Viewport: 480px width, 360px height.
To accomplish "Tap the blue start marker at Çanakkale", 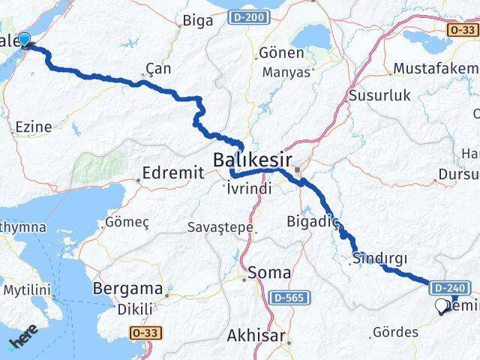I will [x=25, y=40].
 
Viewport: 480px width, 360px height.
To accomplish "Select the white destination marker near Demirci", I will [x=441, y=306].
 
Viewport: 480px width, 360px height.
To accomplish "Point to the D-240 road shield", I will [x=451, y=286].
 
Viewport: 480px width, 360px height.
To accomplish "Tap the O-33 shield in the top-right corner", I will [x=463, y=29].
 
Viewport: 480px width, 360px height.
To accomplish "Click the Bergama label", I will [x=127, y=289].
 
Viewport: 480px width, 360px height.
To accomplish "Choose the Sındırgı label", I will [x=379, y=258].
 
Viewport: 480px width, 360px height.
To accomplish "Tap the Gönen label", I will [x=281, y=53].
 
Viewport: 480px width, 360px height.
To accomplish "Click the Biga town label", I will [x=198, y=20].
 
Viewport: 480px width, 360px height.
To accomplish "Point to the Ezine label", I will [x=33, y=127].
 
